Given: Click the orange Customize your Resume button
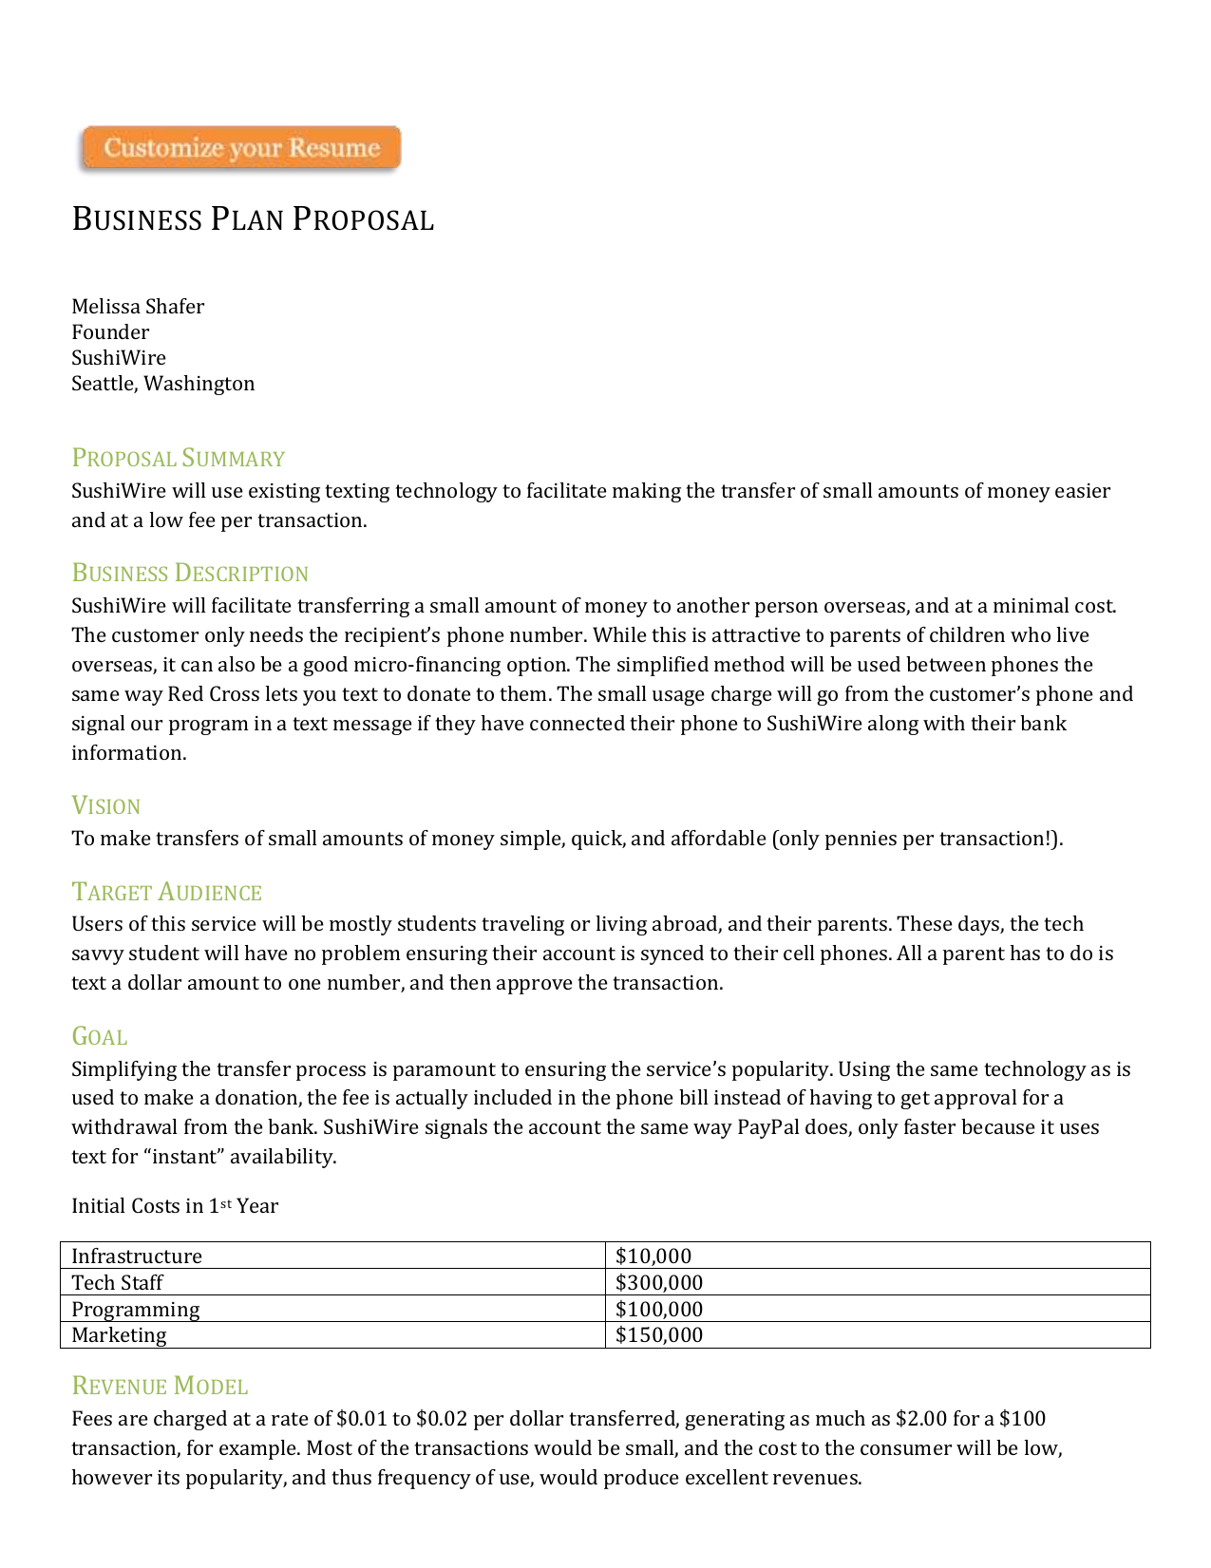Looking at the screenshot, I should coord(240,148).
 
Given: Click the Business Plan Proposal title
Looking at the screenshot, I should coord(253,219).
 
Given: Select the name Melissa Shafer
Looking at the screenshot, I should coord(138,307).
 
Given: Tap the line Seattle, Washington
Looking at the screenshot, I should coord(162,384).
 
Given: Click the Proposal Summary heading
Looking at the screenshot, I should coord(178,459).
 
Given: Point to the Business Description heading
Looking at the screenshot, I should coord(190,574).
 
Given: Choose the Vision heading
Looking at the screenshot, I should coord(105,806).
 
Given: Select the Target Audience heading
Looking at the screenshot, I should coord(166,893).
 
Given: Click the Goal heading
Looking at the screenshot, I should coord(99,1037).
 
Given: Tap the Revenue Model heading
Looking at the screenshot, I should coord(160,1387).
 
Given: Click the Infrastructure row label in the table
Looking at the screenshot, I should coord(137,1256).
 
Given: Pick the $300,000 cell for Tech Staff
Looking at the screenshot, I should coord(659,1283).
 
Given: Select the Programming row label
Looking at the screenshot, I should coord(135,1310).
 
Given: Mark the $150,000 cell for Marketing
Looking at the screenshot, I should coord(659,1335).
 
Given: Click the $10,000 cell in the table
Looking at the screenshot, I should coord(653,1256).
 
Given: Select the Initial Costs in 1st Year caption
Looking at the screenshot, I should coord(175,1206).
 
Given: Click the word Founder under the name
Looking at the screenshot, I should coord(110,332).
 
